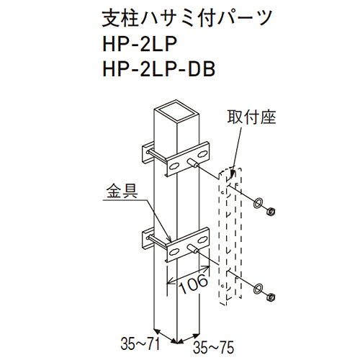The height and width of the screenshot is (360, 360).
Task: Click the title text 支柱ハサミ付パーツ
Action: pyautogui.click(x=187, y=19)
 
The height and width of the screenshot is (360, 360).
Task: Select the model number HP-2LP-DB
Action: pyautogui.click(x=158, y=69)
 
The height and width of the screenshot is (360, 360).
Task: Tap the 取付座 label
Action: pyautogui.click(x=251, y=117)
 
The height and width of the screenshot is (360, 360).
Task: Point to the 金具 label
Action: pyautogui.click(x=122, y=192)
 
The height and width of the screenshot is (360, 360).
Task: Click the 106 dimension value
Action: pyautogui.click(x=194, y=284)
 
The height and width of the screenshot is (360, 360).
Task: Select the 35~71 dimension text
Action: pyautogui.click(x=140, y=343)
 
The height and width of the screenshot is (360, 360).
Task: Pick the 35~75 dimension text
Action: pyautogui.click(x=213, y=347)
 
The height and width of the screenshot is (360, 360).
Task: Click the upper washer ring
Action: pyautogui.click(x=258, y=202)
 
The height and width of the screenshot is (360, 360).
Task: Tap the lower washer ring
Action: pyautogui.click(x=258, y=288)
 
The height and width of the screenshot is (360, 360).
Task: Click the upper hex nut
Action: pyautogui.click(x=271, y=212)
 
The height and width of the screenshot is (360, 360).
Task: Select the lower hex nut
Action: pyautogui.click(x=271, y=297)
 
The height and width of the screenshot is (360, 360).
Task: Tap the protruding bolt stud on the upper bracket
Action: pyautogui.click(x=193, y=163)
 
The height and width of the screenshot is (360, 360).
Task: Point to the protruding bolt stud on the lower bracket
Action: pyautogui.click(x=193, y=249)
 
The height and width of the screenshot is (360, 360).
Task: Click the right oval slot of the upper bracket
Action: pyautogui.click(x=203, y=153)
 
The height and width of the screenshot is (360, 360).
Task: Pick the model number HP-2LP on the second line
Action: pyautogui.click(x=140, y=44)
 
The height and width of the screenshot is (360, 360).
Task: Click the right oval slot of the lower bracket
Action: pyautogui.click(x=203, y=239)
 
